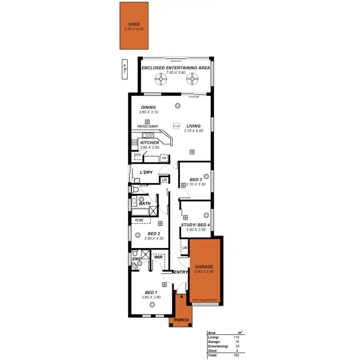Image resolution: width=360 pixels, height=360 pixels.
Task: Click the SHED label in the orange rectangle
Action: pyautogui.click(x=133, y=24)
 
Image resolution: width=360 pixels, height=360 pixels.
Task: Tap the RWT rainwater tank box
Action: pyautogui.click(x=124, y=69)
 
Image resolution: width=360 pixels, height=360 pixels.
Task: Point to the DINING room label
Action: pyautogui.click(x=148, y=108)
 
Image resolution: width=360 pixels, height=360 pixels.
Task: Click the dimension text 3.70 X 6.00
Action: pyautogui.click(x=194, y=131)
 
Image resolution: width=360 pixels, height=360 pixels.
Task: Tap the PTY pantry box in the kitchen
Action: pyautogui.click(x=138, y=156)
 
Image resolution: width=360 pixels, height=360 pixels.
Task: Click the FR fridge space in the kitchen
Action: pyautogui.click(x=164, y=157)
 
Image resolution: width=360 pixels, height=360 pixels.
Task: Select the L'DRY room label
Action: pyautogui.click(x=146, y=172)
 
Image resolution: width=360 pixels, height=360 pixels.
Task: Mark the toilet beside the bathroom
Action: pyautogui.click(x=135, y=190)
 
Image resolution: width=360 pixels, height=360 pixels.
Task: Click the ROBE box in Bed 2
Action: pyautogui.click(x=139, y=220)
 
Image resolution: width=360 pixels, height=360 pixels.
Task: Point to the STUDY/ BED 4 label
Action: pyautogui.click(x=195, y=225)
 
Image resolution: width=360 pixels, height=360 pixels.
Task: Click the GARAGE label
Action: pyautogui.click(x=204, y=266)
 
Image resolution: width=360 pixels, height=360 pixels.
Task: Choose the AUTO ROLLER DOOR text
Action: pyautogui.click(x=204, y=300)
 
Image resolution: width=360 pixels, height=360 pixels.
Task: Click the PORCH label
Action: pyautogui.click(x=181, y=321)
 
